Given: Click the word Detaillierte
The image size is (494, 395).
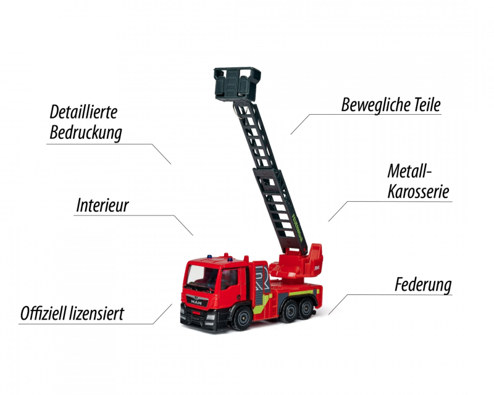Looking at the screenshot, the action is click(83, 112).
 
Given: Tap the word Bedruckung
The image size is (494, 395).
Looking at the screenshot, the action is click(86, 133).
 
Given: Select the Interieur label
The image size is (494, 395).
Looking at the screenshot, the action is click(103, 206).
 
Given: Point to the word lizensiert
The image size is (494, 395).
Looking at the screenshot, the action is click(97, 314).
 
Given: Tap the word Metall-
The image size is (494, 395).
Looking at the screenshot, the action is click(409, 172).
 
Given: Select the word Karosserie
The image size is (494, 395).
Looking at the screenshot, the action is click(419, 191).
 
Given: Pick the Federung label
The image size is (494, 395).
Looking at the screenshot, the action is click(423, 285).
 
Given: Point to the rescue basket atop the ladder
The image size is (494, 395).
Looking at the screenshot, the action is click(237, 84).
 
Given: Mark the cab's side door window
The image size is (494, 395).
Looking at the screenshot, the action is click(229, 279).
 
